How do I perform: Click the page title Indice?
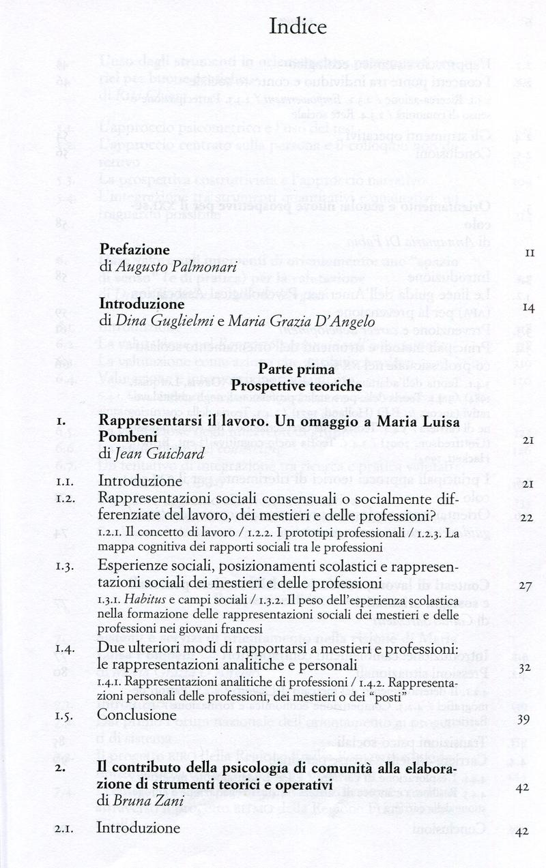pyautogui.click(x=298, y=27)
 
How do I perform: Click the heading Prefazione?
pyautogui.click(x=134, y=250)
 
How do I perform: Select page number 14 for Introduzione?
pyautogui.click(x=528, y=308)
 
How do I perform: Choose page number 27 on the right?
pyautogui.click(x=526, y=586)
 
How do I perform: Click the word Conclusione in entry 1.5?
pyautogui.click(x=136, y=715)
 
